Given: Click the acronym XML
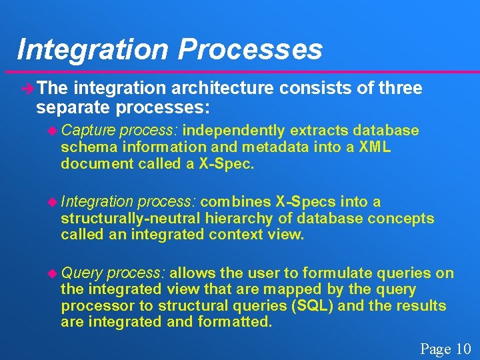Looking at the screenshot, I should tap(375, 147).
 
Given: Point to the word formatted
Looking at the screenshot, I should tap(234, 322).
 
